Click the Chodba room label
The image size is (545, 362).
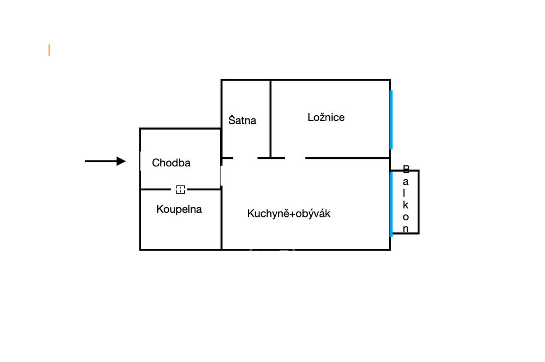[171, 163]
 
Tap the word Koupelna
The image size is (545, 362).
[179, 209]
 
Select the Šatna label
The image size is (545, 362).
[242, 120]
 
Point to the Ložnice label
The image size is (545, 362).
[326, 117]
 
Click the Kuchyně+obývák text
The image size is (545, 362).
[289, 213]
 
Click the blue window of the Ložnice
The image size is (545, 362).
[391, 120]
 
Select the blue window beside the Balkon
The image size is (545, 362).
[391, 204]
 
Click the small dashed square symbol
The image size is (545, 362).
[180, 189]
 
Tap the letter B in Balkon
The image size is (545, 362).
[406, 170]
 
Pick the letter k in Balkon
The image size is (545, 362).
[406, 205]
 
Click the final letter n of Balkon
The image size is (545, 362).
[406, 229]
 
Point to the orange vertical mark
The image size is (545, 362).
[49, 50]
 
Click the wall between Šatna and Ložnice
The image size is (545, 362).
[270, 118]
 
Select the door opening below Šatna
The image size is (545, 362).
[245, 158]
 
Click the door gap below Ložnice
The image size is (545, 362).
[295, 158]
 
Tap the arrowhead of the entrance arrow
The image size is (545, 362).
[121, 161]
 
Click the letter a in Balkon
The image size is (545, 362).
[406, 182]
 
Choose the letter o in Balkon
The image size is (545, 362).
[406, 217]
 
